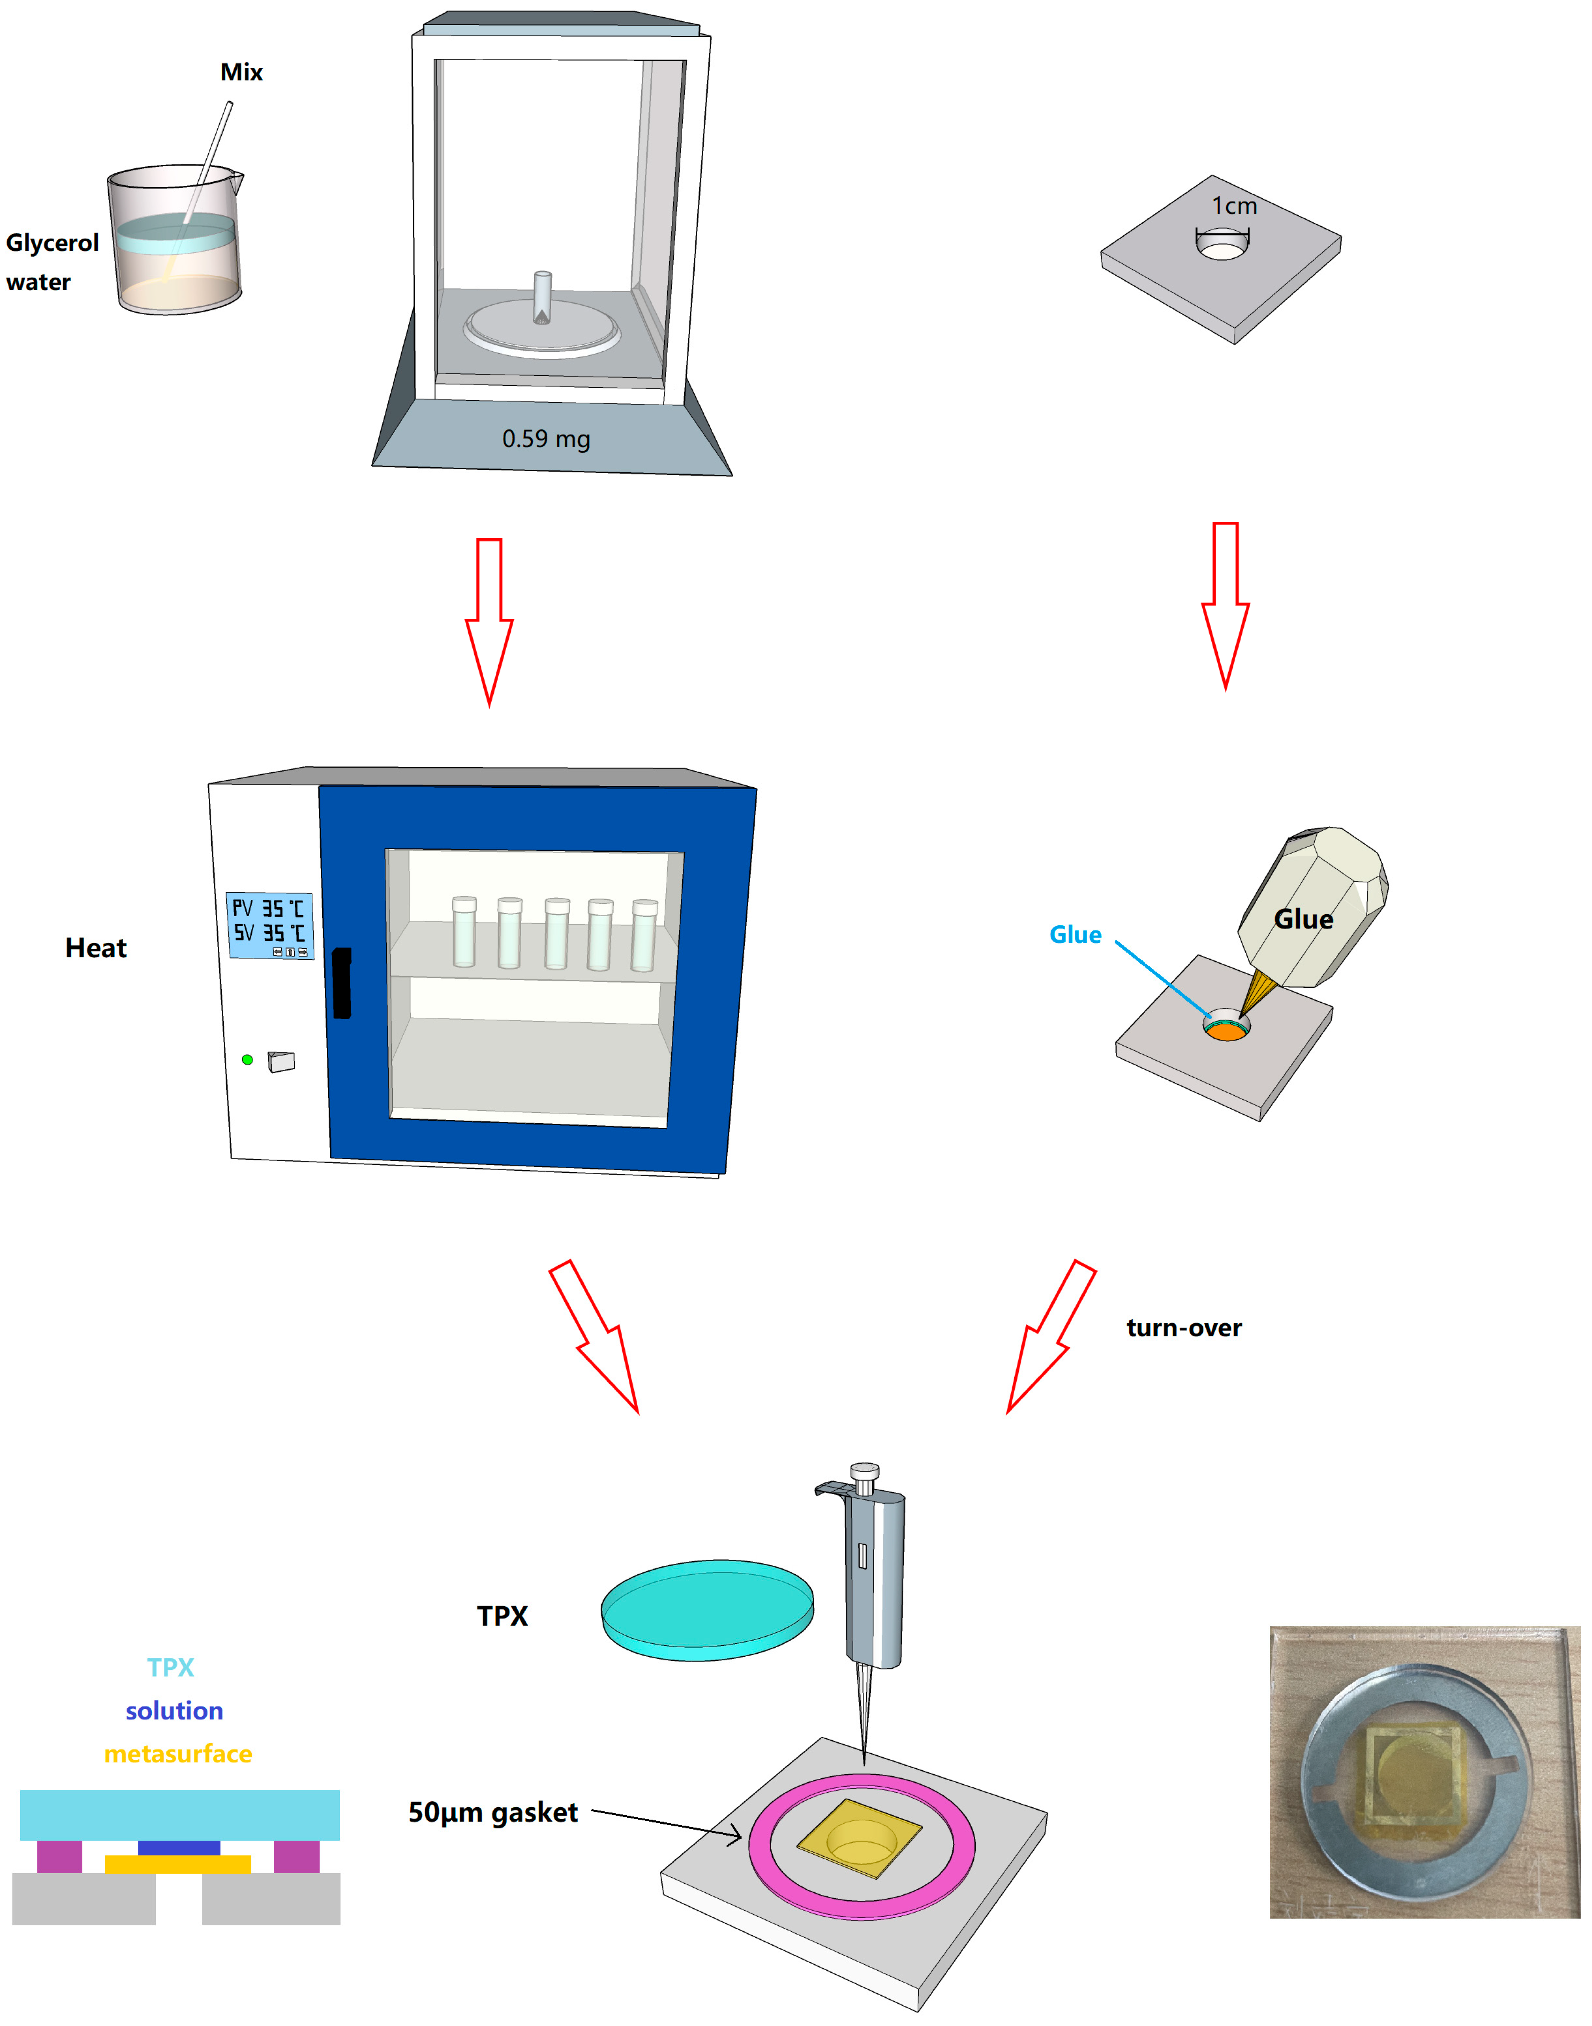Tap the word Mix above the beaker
[x=241, y=73]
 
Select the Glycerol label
[x=52, y=243]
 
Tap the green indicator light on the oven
[x=247, y=1060]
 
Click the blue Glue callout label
[x=1075, y=935]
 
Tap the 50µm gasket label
[x=493, y=1813]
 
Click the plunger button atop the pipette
[x=865, y=1472]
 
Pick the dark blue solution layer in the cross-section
[x=179, y=1847]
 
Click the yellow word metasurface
[x=178, y=1754]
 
